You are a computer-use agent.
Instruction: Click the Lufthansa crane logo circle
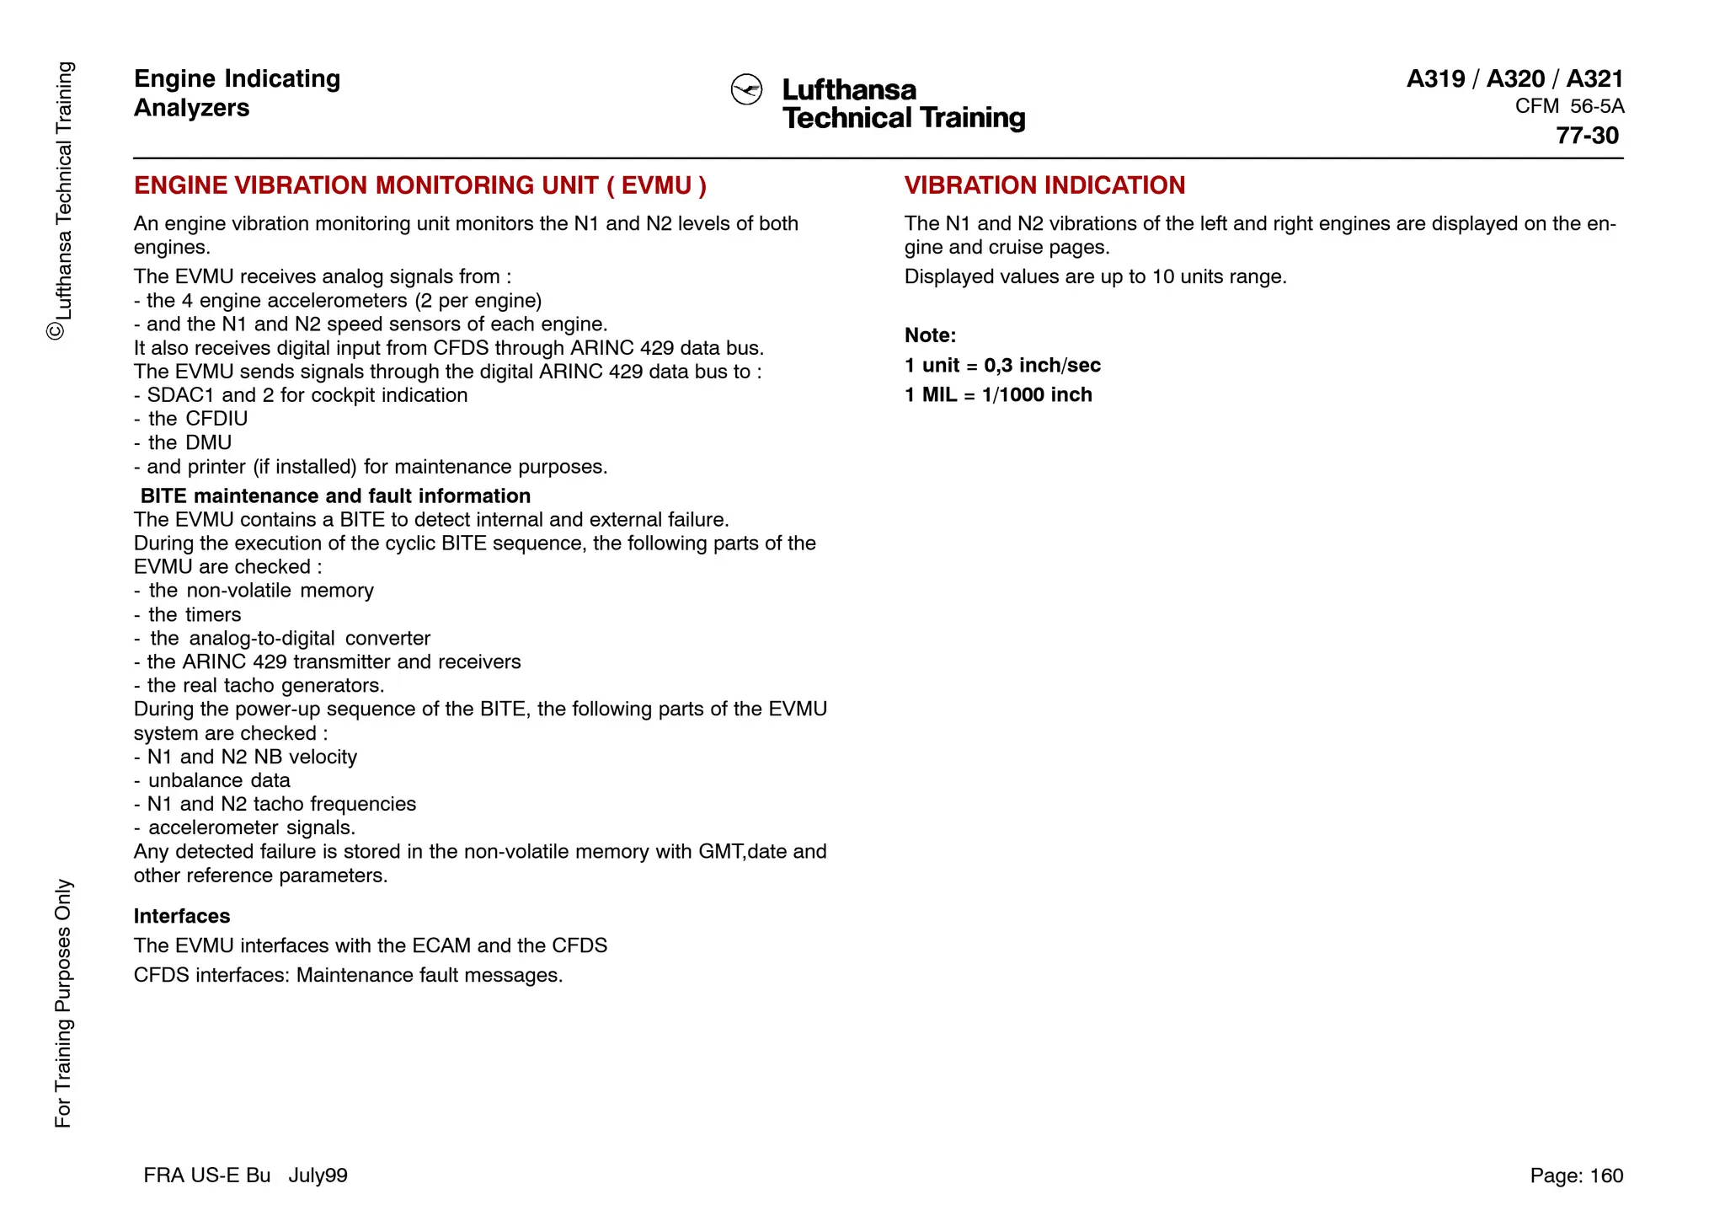(746, 90)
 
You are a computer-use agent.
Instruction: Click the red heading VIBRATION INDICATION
(1044, 185)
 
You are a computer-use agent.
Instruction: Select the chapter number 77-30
(1587, 136)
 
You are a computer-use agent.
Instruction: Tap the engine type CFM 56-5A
(1569, 107)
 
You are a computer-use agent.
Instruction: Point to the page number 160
(1606, 1175)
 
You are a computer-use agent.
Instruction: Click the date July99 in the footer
(318, 1175)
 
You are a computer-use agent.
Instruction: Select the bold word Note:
(930, 335)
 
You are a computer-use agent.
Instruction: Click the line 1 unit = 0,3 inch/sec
(1002, 365)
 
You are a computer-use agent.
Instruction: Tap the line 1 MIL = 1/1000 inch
(998, 394)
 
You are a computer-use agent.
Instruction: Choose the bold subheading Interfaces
(182, 916)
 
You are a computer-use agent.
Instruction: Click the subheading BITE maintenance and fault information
(335, 495)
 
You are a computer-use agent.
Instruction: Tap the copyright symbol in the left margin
(56, 331)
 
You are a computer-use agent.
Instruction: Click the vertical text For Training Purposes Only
(63, 1003)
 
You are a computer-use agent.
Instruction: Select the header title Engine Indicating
(237, 78)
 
